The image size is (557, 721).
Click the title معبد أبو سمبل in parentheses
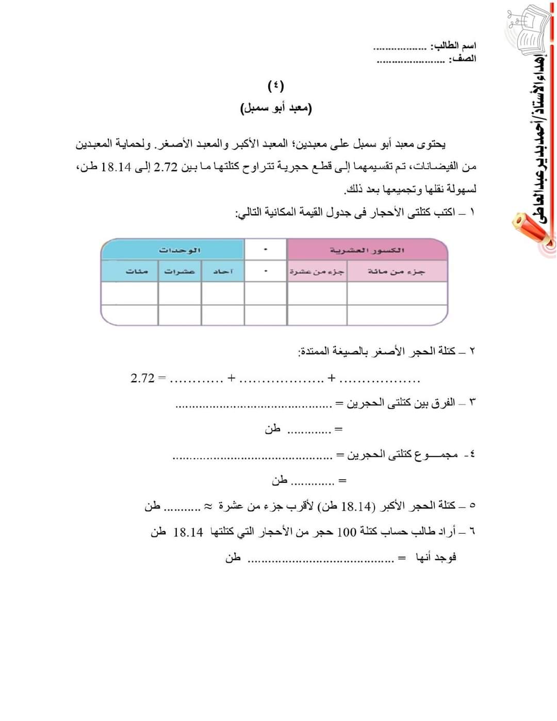(276, 108)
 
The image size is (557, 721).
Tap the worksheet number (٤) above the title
(276, 85)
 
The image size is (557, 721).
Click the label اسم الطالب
(454, 46)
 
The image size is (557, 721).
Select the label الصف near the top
(463, 59)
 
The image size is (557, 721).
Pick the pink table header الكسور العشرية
(367, 250)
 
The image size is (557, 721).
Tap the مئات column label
(137, 271)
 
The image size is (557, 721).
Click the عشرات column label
(179, 271)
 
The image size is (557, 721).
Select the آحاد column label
(223, 271)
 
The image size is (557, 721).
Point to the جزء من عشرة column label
(317, 271)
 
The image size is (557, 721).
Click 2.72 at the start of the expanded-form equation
(142, 378)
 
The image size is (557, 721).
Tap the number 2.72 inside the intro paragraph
(166, 166)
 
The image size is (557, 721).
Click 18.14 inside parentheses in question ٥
(356, 506)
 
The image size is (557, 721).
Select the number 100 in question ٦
(347, 532)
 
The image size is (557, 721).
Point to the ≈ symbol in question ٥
(207, 505)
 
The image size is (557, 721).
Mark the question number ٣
(471, 402)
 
